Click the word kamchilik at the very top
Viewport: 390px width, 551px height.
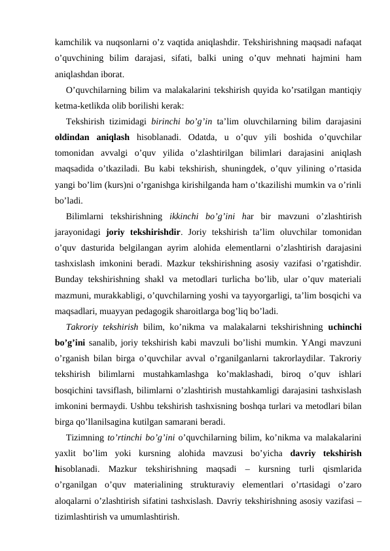pos(71,43)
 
